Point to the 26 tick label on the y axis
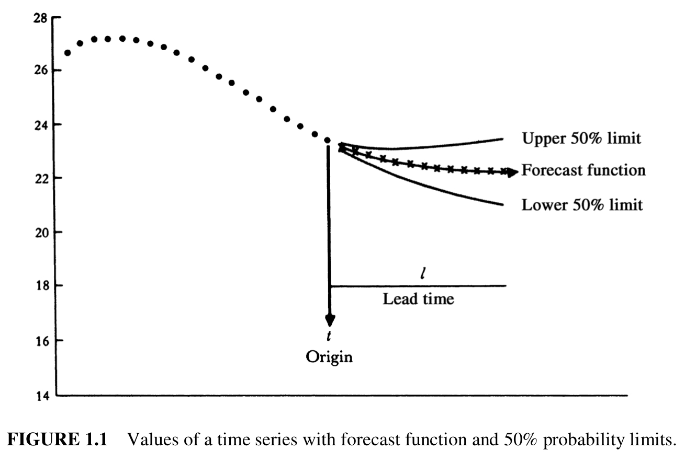pos(41,71)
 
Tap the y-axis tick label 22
pos(41,178)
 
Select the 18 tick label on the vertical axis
pos(41,286)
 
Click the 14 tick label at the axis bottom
pos(41,396)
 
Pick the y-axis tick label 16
pos(41,340)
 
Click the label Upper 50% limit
pos(581,139)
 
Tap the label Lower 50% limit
pos(582,205)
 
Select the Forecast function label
pos(583,171)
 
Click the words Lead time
pos(418,299)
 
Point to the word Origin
pos(329,357)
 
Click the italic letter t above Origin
pos(329,337)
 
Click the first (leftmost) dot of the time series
pos(68,53)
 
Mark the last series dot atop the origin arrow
pos(328,140)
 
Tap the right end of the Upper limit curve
pos(502,138)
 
